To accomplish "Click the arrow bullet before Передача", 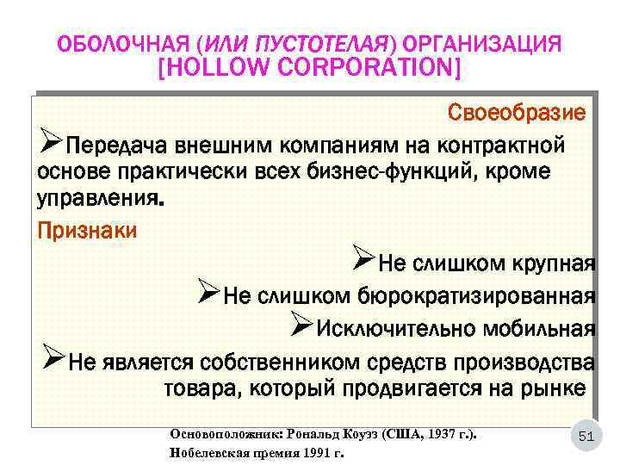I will point(51,139).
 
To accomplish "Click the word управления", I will point(97,201).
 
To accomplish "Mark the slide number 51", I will point(586,437).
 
